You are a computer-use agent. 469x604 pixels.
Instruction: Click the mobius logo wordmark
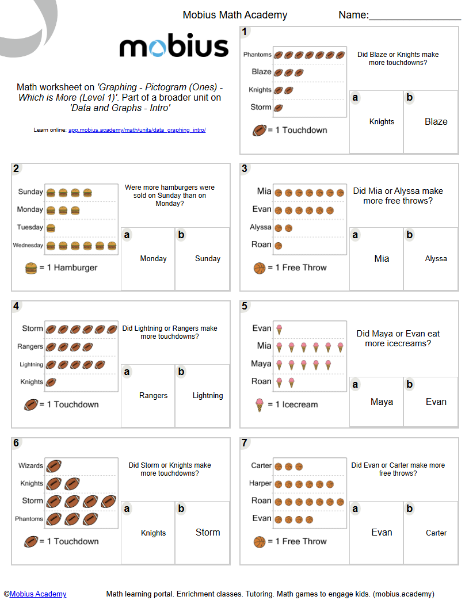point(174,45)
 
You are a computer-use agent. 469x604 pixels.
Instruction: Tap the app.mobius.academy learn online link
point(137,130)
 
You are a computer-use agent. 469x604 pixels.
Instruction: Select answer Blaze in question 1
point(436,121)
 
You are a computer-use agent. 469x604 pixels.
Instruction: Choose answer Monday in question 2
point(153,258)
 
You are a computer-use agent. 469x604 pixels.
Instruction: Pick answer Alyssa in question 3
point(436,258)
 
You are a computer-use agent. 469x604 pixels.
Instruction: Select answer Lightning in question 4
point(208,395)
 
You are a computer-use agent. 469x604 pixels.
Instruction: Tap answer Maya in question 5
point(382,402)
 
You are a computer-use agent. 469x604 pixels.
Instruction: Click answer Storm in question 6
point(208,532)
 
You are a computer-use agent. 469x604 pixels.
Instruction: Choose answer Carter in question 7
point(436,533)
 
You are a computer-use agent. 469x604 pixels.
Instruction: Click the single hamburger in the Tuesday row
point(51,228)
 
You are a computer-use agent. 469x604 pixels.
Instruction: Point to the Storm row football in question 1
point(279,108)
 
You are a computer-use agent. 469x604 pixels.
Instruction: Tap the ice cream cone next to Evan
point(279,329)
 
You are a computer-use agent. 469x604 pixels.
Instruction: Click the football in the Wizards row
point(54,466)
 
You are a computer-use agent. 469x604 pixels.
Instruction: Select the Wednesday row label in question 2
point(28,246)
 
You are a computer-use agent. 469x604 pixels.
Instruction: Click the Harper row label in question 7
point(260,483)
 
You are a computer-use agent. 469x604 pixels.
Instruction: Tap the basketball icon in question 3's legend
point(260,267)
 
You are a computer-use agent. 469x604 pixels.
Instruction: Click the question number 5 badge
point(245,306)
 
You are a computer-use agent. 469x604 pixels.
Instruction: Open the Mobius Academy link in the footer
point(38,594)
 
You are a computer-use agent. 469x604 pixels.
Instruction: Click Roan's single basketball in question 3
point(278,246)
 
